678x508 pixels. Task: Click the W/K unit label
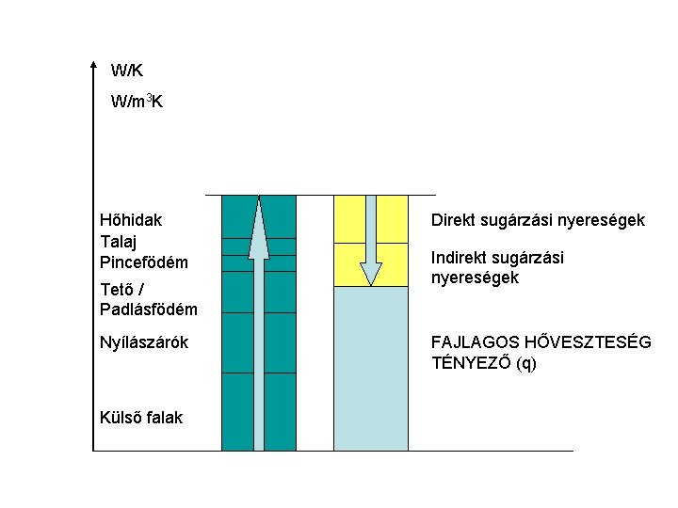pos(126,70)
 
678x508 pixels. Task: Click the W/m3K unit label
pos(137,101)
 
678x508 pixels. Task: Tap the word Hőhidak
pos(130,220)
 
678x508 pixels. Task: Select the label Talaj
pos(118,240)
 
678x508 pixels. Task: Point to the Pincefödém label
pos(144,261)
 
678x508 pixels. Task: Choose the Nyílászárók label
pos(144,342)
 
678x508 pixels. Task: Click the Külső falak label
pos(141,418)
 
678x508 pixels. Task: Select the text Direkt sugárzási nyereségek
pos(538,220)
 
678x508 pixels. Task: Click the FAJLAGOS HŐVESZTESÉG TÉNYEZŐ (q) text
pos(541,352)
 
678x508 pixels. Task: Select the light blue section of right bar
pos(371,367)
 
